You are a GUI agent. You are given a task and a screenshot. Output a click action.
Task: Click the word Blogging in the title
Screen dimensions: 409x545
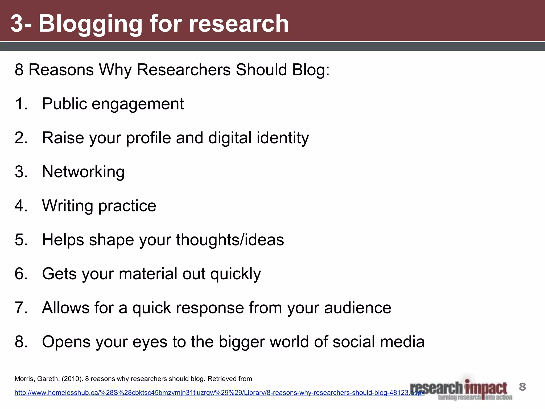[90, 24]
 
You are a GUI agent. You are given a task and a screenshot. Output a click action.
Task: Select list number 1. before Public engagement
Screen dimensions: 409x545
[21, 104]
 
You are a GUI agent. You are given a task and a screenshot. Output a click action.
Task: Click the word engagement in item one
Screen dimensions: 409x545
[138, 104]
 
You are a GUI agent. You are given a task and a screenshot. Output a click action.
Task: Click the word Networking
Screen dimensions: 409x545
[83, 172]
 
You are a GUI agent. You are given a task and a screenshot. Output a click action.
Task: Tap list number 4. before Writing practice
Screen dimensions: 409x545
[21, 206]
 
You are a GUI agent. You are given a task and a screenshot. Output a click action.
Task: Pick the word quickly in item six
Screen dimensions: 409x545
[236, 274]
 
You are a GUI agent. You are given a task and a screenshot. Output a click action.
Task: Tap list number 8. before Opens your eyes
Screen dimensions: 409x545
[21, 342]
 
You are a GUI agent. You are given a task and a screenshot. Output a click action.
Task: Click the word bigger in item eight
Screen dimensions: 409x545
[242, 342]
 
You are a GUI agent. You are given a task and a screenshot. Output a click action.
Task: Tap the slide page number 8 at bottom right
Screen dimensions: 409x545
[522, 387]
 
